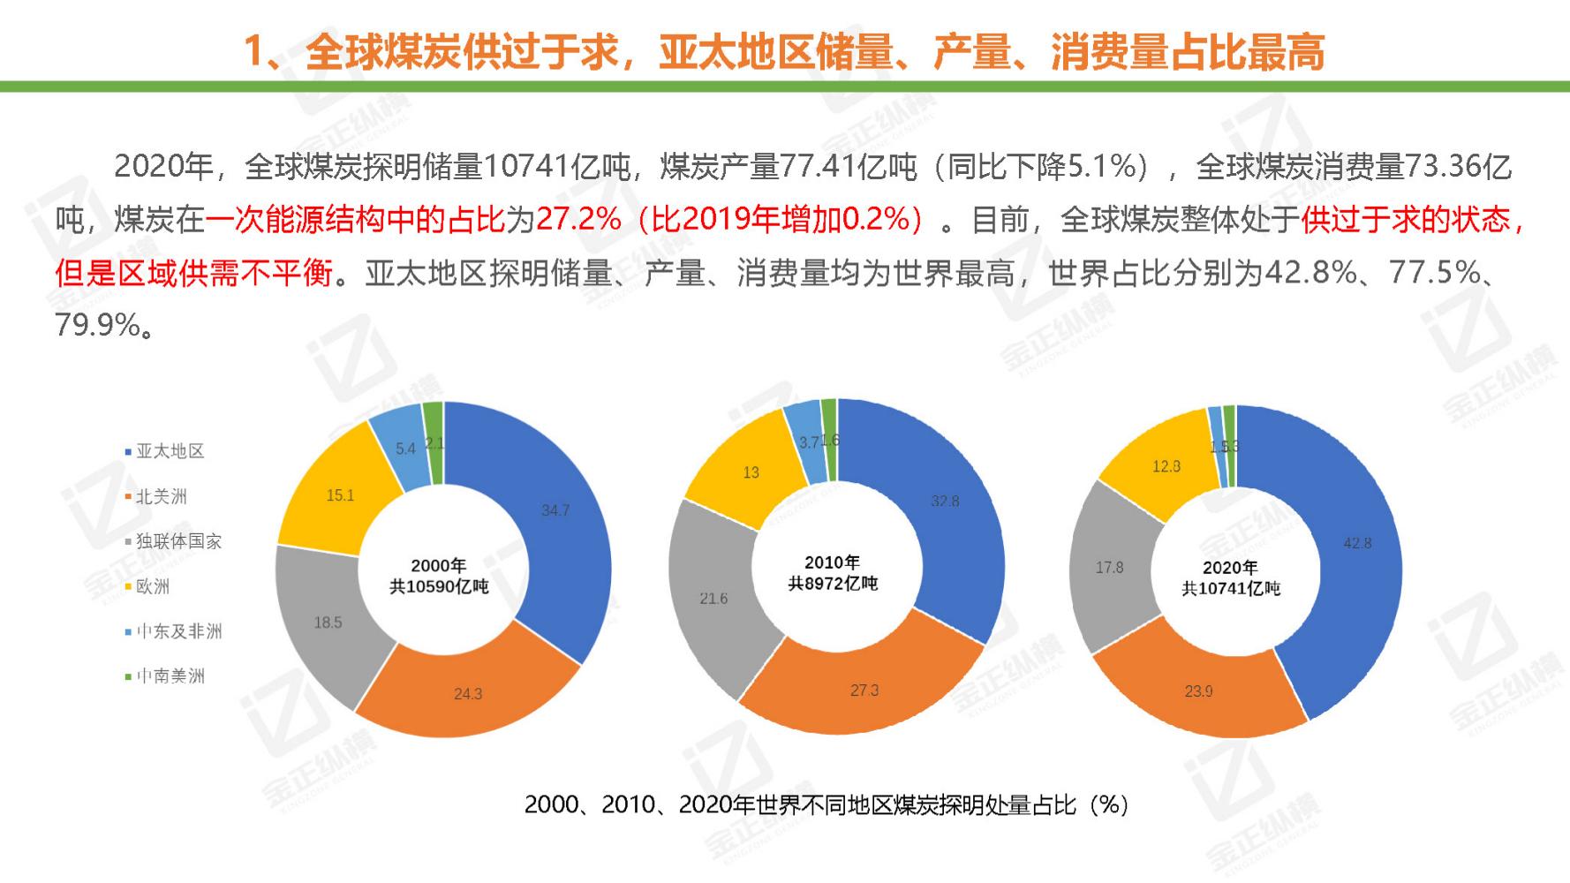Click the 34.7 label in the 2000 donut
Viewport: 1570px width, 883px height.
(555, 510)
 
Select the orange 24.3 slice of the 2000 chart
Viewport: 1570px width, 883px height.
(467, 694)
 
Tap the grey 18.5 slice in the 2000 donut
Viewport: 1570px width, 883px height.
(328, 623)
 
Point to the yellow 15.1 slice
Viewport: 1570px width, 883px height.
(340, 495)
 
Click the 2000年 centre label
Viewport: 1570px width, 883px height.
(439, 565)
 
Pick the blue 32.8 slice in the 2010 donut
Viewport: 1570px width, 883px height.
(944, 502)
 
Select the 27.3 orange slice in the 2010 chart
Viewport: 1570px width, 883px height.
(864, 691)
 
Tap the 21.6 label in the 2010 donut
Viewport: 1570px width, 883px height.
(713, 599)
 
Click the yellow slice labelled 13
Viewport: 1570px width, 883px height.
(751, 472)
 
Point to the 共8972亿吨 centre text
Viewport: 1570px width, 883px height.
(833, 584)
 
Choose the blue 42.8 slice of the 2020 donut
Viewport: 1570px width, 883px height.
(1356, 543)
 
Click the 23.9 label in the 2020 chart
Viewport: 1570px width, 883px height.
(1198, 691)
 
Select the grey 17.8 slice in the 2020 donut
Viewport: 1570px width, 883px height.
(1109, 568)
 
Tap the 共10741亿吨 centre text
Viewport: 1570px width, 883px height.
(1230, 589)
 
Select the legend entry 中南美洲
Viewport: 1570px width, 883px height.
(170, 676)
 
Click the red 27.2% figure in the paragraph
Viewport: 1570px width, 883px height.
(578, 220)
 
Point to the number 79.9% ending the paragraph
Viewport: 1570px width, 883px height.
(97, 326)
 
